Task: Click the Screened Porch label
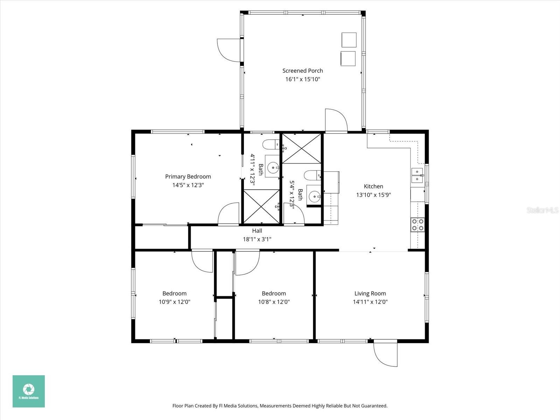(302, 71)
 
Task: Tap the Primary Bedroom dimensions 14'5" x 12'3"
(188, 185)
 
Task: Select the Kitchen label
(373, 187)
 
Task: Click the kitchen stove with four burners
(417, 224)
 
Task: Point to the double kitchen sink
(417, 175)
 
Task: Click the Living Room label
(370, 294)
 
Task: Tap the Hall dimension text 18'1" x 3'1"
(257, 239)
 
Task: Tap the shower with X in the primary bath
(261, 206)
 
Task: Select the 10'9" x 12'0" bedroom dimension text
(174, 302)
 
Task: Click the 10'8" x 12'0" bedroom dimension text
(274, 302)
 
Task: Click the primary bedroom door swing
(228, 214)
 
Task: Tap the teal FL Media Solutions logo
(29, 391)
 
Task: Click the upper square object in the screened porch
(349, 40)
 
